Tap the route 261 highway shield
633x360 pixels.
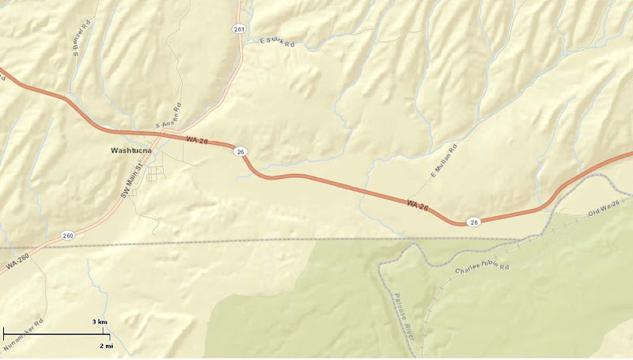240,28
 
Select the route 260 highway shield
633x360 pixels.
68,235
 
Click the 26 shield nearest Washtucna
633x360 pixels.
241,151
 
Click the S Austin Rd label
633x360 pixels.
169,119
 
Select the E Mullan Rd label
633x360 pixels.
444,161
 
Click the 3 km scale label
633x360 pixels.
100,322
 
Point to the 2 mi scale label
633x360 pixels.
105,346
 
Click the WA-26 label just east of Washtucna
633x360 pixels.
196,140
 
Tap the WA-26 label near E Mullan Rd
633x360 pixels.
417,206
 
